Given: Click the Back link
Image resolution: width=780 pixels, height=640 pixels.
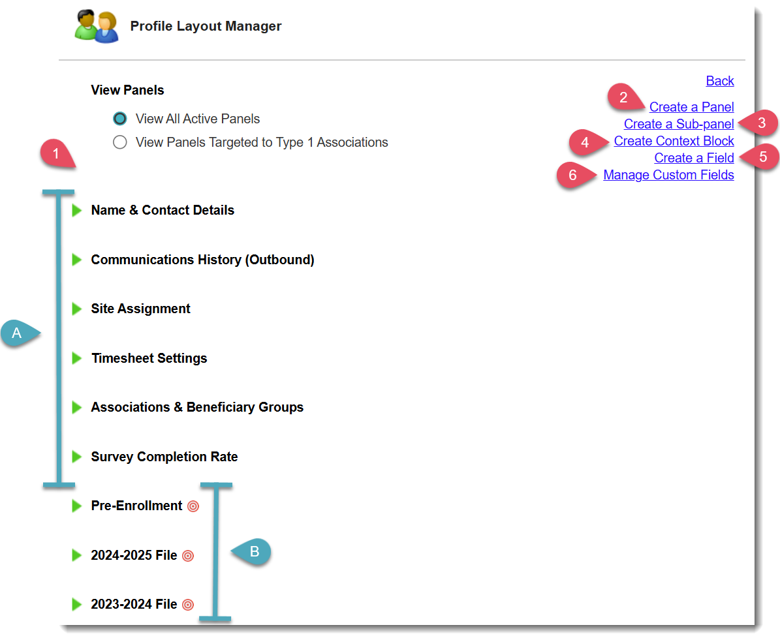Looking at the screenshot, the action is [x=720, y=81].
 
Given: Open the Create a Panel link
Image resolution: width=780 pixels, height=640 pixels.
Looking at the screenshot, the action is [x=691, y=107].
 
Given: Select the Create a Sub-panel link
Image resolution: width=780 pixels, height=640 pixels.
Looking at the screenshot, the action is [x=679, y=124].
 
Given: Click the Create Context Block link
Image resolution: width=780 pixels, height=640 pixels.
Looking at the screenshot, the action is [x=674, y=141].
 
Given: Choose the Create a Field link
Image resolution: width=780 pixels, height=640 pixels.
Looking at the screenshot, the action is [x=694, y=158].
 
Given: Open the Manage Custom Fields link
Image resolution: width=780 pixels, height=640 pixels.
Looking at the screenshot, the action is [x=668, y=175].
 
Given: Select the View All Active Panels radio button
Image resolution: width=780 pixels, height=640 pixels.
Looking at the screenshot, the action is [x=119, y=119].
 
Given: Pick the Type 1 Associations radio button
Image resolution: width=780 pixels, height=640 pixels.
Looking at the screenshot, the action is [x=119, y=142].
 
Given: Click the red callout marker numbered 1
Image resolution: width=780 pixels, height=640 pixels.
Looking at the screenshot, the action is [x=56, y=155].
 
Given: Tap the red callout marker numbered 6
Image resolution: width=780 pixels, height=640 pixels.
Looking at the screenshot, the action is [x=573, y=175].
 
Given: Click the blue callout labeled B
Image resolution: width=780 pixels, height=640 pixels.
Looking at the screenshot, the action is [x=254, y=552].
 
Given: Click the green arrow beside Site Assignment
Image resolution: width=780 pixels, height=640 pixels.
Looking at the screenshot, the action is [x=76, y=309].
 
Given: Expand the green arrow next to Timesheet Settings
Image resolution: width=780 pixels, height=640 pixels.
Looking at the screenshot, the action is [x=76, y=358].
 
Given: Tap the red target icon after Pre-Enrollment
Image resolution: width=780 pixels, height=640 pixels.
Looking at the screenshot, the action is [x=193, y=506].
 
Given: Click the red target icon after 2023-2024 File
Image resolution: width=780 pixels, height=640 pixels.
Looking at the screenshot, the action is [x=188, y=605].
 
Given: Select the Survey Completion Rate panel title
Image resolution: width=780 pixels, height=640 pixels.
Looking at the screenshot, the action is [x=164, y=457].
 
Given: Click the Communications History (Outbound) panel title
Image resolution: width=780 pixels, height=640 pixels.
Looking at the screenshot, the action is [x=202, y=260].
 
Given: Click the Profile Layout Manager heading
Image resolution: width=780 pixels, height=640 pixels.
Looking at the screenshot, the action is [x=206, y=27].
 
